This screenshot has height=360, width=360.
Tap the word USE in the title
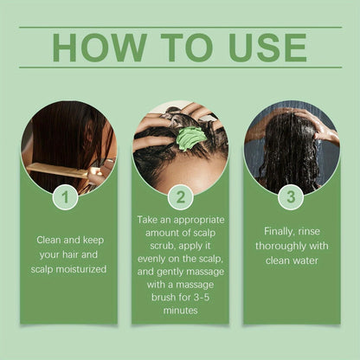pos(267,48)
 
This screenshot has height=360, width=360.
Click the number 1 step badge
pos(65,197)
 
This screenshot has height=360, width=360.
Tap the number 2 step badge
pos(181,197)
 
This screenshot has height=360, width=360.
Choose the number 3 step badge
pos(291,197)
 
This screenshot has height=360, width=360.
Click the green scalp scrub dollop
pos(189,138)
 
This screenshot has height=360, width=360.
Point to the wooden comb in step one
pos(59,170)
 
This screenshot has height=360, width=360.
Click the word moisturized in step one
pos(81,269)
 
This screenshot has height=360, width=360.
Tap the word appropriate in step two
pos(199,221)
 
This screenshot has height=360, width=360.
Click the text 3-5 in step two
pos(201,297)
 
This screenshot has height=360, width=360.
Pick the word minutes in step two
pos(180,310)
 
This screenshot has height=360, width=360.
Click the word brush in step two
pos(164,297)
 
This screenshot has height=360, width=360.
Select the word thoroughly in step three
pos(280,247)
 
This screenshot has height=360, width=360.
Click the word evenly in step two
pos(151,259)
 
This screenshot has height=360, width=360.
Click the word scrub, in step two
pos(163,246)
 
